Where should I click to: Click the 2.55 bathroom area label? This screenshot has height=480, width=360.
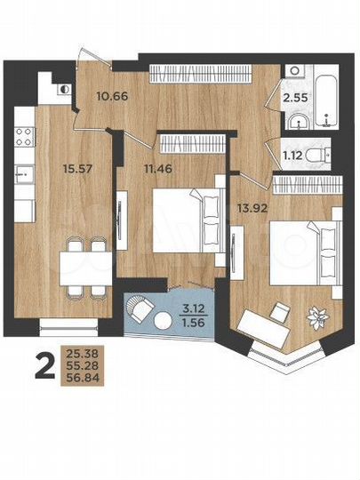tap(297, 99)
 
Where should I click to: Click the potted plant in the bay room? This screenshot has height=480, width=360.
tap(316, 314)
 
